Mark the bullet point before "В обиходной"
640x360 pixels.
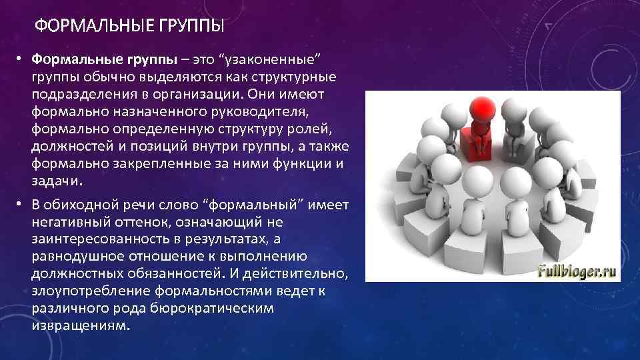[x=20, y=204]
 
